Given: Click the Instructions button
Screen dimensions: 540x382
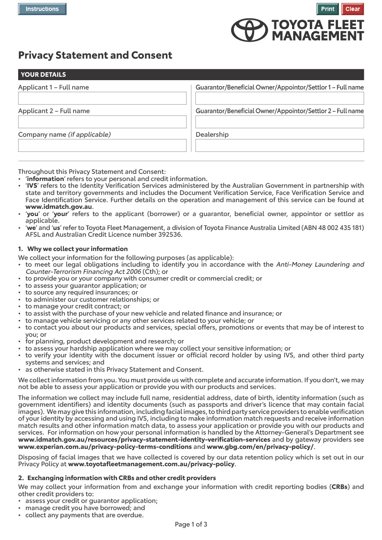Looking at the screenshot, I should coord(42,9).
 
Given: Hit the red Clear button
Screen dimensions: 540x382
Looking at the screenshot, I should coord(352,9).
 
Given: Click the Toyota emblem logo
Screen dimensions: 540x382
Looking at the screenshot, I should coord(249,30).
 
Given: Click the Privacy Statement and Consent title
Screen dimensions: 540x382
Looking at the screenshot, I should coord(95,55).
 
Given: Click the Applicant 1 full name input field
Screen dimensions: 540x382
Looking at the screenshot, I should coord(102,98).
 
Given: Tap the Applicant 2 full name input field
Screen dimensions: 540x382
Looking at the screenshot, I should coord(102,122).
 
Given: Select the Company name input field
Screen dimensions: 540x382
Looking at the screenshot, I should coord(102,146).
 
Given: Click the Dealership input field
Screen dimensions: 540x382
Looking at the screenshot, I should coord(279,146).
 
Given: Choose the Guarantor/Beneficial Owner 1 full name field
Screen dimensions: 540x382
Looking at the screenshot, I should coord(279,98).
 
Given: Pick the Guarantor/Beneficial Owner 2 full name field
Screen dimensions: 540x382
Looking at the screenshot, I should coord(279,122).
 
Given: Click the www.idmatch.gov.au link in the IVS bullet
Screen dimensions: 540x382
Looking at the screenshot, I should coord(59,207).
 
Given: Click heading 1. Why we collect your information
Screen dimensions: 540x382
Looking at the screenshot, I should coord(73,249).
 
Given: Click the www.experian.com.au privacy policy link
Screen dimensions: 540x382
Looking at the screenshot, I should coord(105,446).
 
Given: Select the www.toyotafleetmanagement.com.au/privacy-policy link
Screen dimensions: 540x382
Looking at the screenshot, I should coord(151,464).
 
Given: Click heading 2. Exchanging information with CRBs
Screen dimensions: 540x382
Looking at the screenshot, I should coord(117,478).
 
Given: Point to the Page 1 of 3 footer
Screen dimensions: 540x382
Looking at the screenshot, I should coord(191,524).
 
